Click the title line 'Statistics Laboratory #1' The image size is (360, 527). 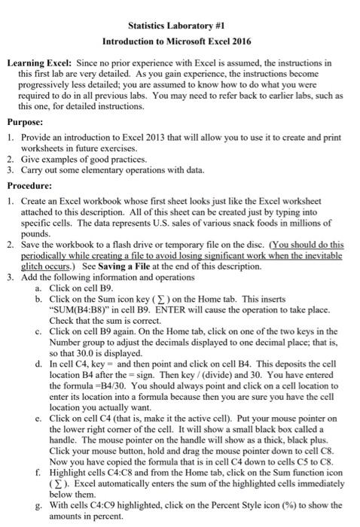tap(180, 26)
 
